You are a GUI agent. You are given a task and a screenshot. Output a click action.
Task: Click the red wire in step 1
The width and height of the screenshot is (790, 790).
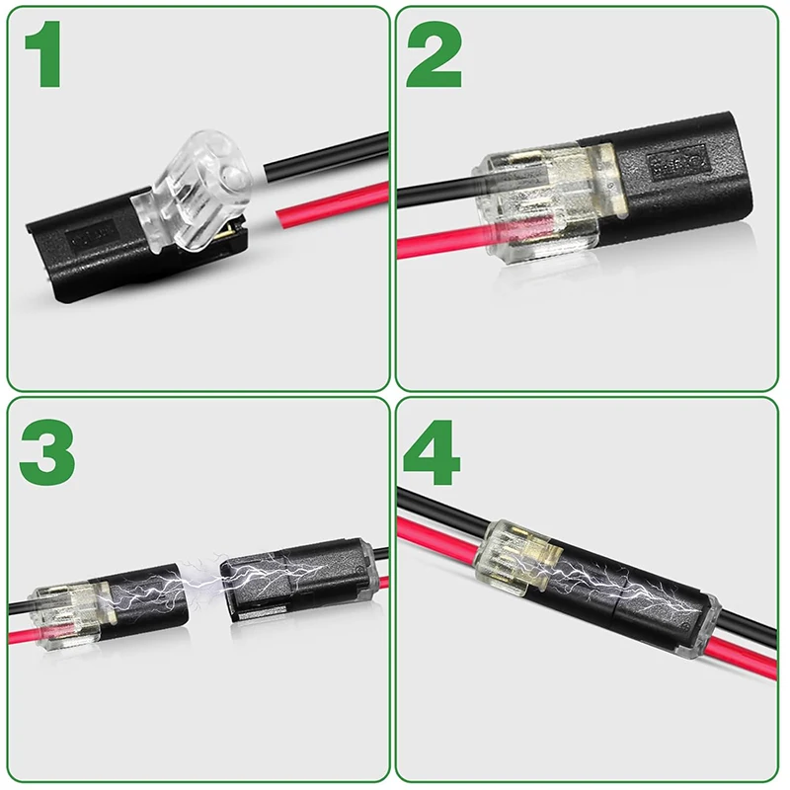pos(326,203)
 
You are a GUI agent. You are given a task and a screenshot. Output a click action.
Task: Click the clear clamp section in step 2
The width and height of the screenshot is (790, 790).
pos(538,202)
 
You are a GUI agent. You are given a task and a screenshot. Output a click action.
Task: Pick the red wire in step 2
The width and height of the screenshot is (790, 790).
pos(434,242)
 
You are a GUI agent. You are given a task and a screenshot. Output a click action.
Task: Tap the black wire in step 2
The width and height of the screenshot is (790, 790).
pos(434,191)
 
